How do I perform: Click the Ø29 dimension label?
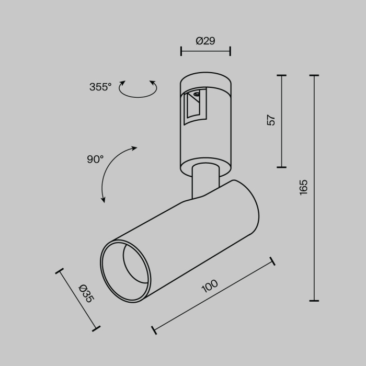pyautogui.click(x=205, y=41)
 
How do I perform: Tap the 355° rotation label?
pyautogui.click(x=100, y=87)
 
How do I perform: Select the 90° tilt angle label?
pyautogui.click(x=95, y=159)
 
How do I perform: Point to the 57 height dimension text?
pyautogui.click(x=271, y=120)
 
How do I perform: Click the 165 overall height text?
pyautogui.click(x=304, y=187)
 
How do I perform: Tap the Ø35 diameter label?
pyautogui.click(x=86, y=293)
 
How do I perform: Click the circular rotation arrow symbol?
pyautogui.click(x=138, y=89)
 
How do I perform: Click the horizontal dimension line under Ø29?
pyautogui.click(x=205, y=51)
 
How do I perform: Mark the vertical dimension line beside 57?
pyautogui.click(x=282, y=121)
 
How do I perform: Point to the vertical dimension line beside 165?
pyautogui.click(x=314, y=188)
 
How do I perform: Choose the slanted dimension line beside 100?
pyautogui.click(x=213, y=295)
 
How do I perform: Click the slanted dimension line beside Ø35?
pyautogui.click(x=77, y=300)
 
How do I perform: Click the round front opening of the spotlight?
pyautogui.click(x=125, y=271)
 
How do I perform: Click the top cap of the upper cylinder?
pyautogui.click(x=205, y=78)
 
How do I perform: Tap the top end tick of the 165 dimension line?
pyautogui.click(x=314, y=76)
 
